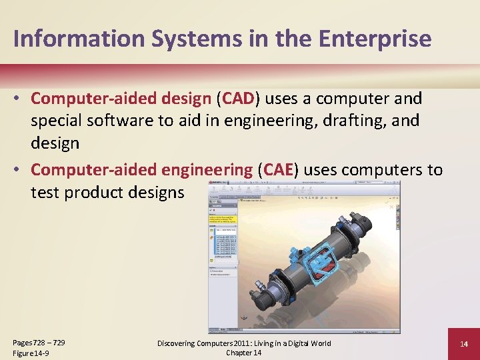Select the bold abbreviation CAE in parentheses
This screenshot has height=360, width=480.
point(279,170)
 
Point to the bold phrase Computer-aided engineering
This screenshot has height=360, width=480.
point(141,170)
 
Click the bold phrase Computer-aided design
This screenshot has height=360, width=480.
point(121,99)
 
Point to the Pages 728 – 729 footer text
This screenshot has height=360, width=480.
point(39,343)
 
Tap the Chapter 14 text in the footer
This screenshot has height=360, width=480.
point(243,353)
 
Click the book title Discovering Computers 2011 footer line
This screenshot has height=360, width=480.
point(243,343)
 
